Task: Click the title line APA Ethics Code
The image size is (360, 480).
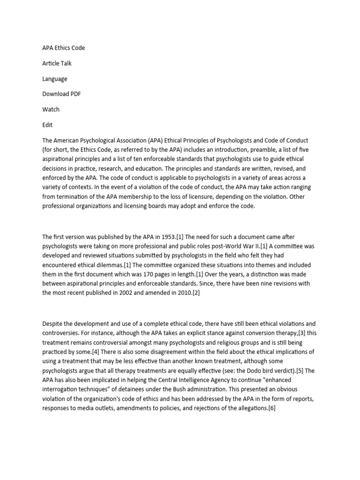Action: (63, 48)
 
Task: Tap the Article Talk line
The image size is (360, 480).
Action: (57, 63)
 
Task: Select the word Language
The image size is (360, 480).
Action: (54, 79)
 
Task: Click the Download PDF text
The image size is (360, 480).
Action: (61, 94)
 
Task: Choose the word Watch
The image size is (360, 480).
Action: (51, 109)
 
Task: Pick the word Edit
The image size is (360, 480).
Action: (47, 125)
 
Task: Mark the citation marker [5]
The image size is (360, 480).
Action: (296, 371)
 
